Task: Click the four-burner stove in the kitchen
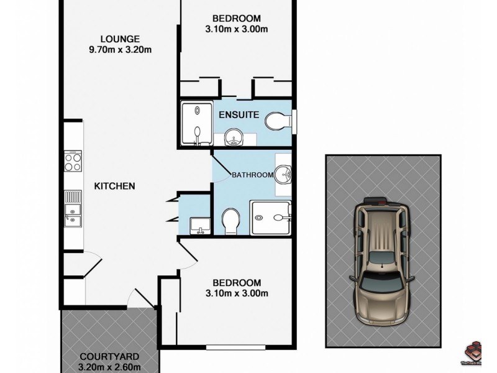coord(73,163)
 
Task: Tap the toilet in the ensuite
coord(276,121)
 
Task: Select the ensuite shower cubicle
coord(195,123)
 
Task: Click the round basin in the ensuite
coord(233,136)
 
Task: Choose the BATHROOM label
coord(252,175)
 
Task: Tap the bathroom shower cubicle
coord(271,218)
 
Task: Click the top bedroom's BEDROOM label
coord(236,18)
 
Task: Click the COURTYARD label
coord(109,357)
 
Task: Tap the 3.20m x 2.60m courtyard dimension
coord(109,367)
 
